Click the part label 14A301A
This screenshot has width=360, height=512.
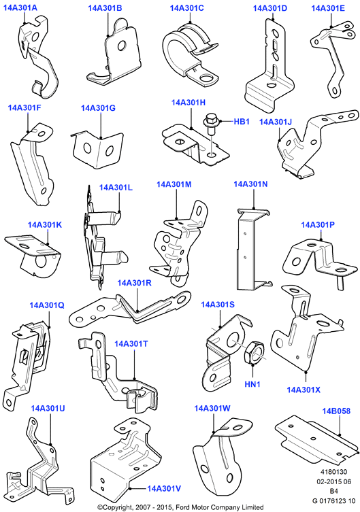(x=20, y=8)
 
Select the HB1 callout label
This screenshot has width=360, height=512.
(x=242, y=122)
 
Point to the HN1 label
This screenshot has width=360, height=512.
(x=252, y=384)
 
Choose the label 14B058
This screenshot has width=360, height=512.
(x=336, y=411)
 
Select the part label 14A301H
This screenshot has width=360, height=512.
(x=189, y=103)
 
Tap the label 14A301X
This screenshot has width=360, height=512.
(x=304, y=390)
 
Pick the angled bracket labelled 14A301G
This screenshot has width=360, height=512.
(x=97, y=148)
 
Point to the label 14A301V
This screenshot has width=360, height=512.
(x=164, y=488)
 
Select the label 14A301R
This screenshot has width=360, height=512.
(x=134, y=283)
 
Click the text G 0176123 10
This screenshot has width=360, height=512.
(x=333, y=500)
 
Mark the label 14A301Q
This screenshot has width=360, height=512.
(x=47, y=305)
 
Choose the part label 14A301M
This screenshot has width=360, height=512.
(x=174, y=184)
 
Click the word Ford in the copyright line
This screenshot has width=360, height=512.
(x=184, y=507)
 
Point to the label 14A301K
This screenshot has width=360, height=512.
(x=45, y=224)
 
